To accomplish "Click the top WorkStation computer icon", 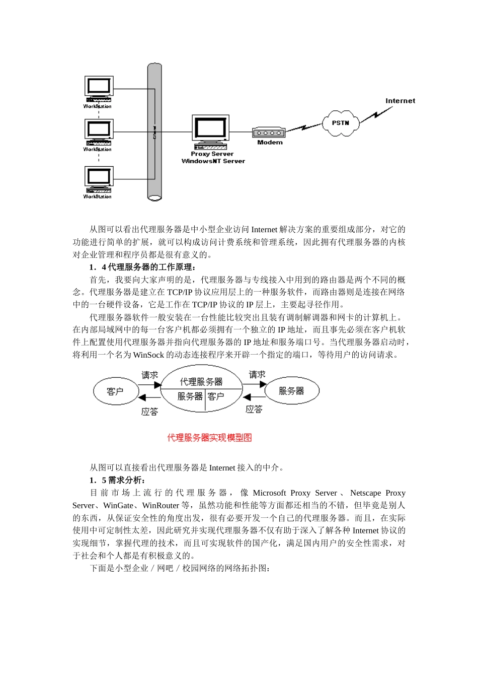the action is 99,89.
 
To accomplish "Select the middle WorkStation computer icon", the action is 99,132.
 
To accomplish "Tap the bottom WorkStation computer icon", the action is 99,179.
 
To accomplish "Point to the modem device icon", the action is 269,133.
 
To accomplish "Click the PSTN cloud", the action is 341,123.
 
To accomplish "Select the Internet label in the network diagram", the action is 400,101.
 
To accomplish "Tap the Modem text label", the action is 270,143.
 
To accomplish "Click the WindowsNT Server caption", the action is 213,161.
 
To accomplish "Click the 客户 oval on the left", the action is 115,391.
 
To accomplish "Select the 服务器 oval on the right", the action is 292,391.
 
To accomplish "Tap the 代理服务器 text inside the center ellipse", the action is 201,382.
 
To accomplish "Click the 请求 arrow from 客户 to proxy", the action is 149,384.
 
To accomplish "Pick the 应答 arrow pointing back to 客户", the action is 149,398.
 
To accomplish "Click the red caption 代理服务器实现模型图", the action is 209,438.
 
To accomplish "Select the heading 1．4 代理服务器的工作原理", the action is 142,267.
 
